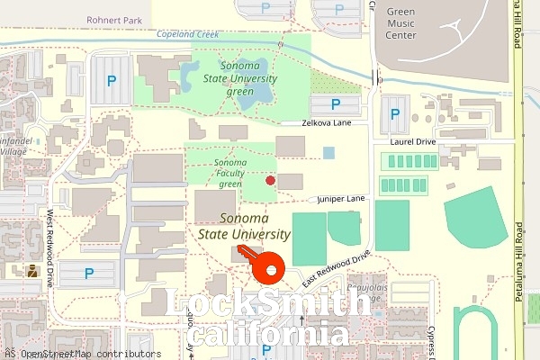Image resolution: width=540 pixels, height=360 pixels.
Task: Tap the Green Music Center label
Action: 400,23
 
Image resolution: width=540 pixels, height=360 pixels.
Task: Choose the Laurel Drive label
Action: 412,142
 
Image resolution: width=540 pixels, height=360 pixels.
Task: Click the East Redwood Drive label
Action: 337,268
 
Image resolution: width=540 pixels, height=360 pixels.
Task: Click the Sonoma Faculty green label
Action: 230,173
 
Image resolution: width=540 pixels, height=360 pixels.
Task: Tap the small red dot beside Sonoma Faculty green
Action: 270,180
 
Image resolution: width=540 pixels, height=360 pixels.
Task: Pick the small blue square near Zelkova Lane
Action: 328,152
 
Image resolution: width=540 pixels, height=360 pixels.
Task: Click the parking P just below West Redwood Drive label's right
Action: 88,273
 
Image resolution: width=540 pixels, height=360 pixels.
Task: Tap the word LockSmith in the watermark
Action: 269,305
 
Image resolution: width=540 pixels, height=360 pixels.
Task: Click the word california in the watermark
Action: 271,336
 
